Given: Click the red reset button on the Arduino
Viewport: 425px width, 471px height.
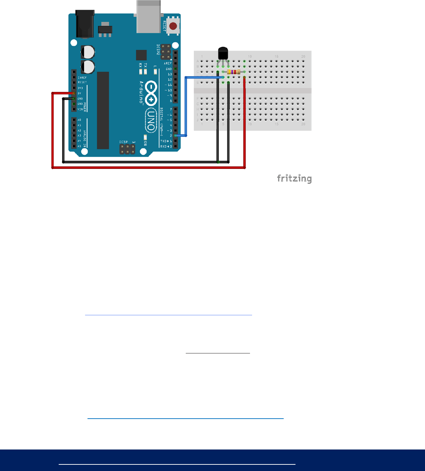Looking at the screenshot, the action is pyautogui.click(x=173, y=26).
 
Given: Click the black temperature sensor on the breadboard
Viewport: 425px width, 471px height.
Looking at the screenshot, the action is pyautogui.click(x=223, y=53).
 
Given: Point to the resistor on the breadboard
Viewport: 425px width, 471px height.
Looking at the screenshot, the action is pyautogui.click(x=234, y=72).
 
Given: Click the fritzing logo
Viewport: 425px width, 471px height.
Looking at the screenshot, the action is pyautogui.click(x=294, y=179).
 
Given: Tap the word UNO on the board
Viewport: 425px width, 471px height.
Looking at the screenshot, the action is pyautogui.click(x=151, y=121).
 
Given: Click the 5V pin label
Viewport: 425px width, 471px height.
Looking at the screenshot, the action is pyautogui.click(x=80, y=93).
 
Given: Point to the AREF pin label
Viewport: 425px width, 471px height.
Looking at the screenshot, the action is pyautogui.click(x=168, y=63).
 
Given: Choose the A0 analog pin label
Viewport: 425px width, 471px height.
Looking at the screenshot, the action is pyautogui.click(x=80, y=120).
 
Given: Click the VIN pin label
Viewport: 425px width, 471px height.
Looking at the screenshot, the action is pyautogui.click(x=80, y=109).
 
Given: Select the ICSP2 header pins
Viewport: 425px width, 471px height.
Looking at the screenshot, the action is pyautogui.click(x=166, y=52).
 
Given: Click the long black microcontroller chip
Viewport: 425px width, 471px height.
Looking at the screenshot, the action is pyautogui.click(x=103, y=110).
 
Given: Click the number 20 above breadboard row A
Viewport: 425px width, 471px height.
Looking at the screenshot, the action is pyautogui.click(x=303, y=57).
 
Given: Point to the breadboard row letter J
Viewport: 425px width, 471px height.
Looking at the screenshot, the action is pyautogui.click(x=198, y=120).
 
